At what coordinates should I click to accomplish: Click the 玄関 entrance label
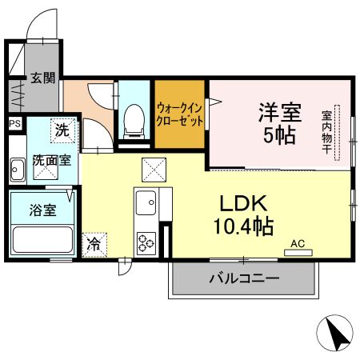point(43,78)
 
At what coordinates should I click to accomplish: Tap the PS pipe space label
point(14,123)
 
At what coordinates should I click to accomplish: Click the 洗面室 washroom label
point(51,160)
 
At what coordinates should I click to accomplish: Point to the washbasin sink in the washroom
point(18,169)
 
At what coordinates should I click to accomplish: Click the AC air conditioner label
point(298,243)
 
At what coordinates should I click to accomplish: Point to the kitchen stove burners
point(147,241)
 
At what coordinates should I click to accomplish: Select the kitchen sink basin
point(146,204)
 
